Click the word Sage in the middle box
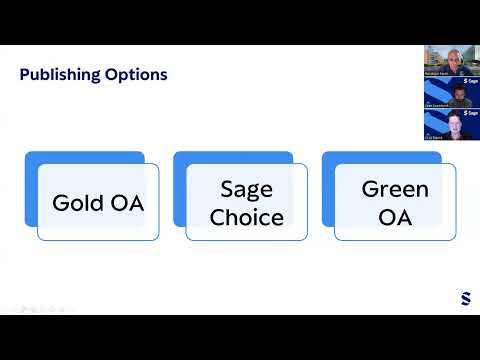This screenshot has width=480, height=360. click(246, 189)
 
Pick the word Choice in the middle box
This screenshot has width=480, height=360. click(246, 217)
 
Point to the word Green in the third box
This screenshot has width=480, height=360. click(395, 189)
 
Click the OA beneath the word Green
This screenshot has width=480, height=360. click(395, 217)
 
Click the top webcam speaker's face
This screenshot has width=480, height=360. click(451, 57)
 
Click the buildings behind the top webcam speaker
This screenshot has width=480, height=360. click(432, 55)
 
